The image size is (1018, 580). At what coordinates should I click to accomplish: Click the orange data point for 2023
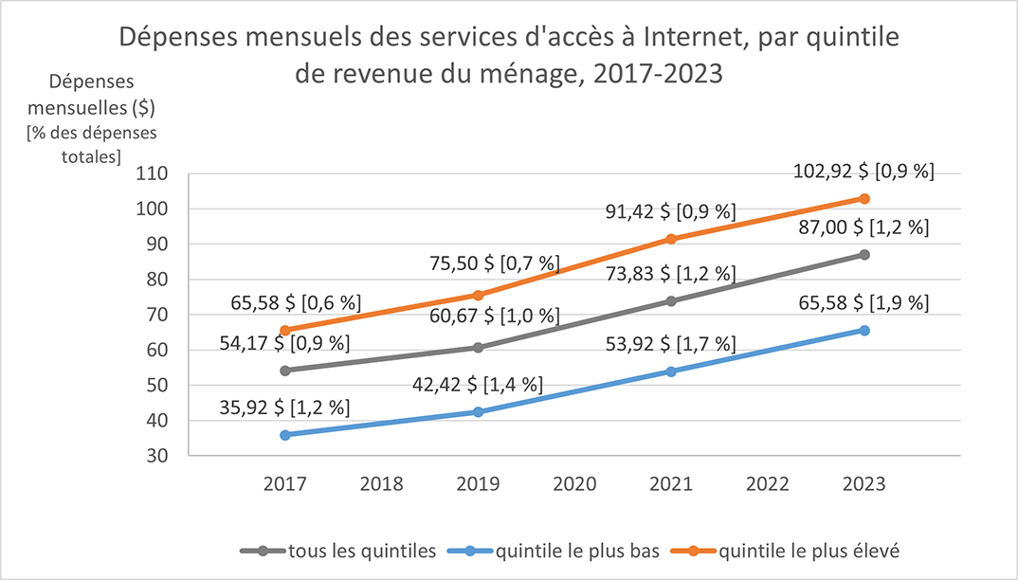click(x=864, y=198)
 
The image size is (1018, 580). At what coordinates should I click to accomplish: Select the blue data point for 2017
click(x=284, y=434)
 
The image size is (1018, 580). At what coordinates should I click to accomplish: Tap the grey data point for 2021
click(x=671, y=301)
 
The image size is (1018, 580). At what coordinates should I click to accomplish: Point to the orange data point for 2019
click(x=478, y=295)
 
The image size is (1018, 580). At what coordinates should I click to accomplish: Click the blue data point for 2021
click(x=671, y=372)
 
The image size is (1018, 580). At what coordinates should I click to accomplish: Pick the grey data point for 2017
click(x=284, y=371)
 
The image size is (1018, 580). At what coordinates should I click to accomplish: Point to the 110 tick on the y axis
click(x=154, y=174)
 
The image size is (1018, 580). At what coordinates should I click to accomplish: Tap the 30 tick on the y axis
click(x=157, y=456)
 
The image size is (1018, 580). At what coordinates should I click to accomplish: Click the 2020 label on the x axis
click(x=574, y=483)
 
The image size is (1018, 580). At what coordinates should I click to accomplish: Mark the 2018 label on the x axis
click(x=381, y=483)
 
